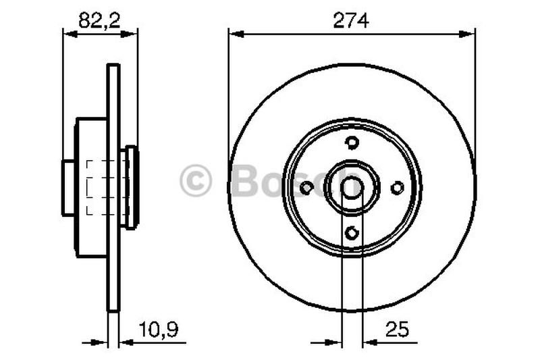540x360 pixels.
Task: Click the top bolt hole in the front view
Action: click(351, 142)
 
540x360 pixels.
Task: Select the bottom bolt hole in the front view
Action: click(351, 233)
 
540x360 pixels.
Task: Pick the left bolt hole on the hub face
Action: click(306, 188)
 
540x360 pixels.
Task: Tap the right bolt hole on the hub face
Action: click(397, 188)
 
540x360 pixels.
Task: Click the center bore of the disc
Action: click(351, 188)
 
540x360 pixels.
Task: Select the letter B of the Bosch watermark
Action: click(246, 182)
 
